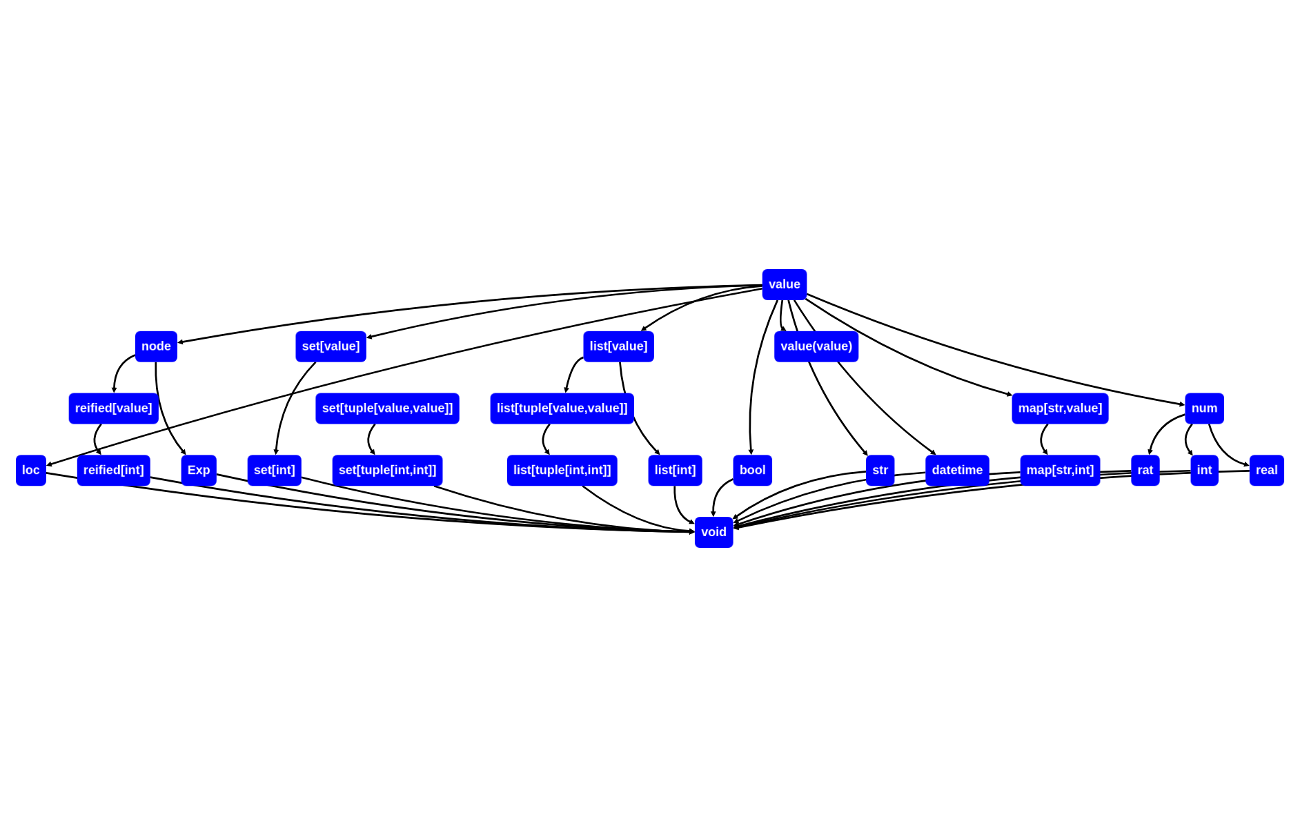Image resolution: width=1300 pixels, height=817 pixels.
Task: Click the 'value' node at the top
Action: tap(784, 284)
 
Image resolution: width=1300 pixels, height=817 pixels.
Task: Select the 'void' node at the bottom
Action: tap(713, 532)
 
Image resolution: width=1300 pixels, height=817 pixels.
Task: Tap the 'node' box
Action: tap(156, 346)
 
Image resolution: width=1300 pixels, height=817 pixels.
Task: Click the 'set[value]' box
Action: tap(331, 346)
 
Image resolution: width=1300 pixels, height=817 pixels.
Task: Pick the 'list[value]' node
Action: tap(618, 346)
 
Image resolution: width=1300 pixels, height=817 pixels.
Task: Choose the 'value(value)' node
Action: tap(816, 346)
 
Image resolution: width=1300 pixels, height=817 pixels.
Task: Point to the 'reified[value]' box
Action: tap(113, 408)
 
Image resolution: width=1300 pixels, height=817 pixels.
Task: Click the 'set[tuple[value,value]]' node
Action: tap(387, 408)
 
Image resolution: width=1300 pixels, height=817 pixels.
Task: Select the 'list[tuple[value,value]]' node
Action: tap(562, 408)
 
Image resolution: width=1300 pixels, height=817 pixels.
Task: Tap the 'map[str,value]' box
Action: tap(1060, 408)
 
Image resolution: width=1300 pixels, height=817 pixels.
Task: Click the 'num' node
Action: tap(1204, 408)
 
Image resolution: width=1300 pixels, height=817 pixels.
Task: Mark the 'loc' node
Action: tap(31, 470)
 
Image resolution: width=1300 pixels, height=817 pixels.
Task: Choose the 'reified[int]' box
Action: tap(113, 470)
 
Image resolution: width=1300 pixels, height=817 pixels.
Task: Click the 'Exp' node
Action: tap(199, 470)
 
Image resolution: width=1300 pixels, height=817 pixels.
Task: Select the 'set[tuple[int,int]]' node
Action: tap(387, 470)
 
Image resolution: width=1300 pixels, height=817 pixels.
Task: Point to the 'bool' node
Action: tap(752, 470)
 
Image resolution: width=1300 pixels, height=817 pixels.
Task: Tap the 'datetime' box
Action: tap(957, 470)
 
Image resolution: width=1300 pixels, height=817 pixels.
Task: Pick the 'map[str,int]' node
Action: tap(1060, 470)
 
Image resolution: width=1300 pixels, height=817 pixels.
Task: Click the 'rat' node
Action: tap(1145, 470)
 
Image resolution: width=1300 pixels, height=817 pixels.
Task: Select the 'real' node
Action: tap(1266, 470)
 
